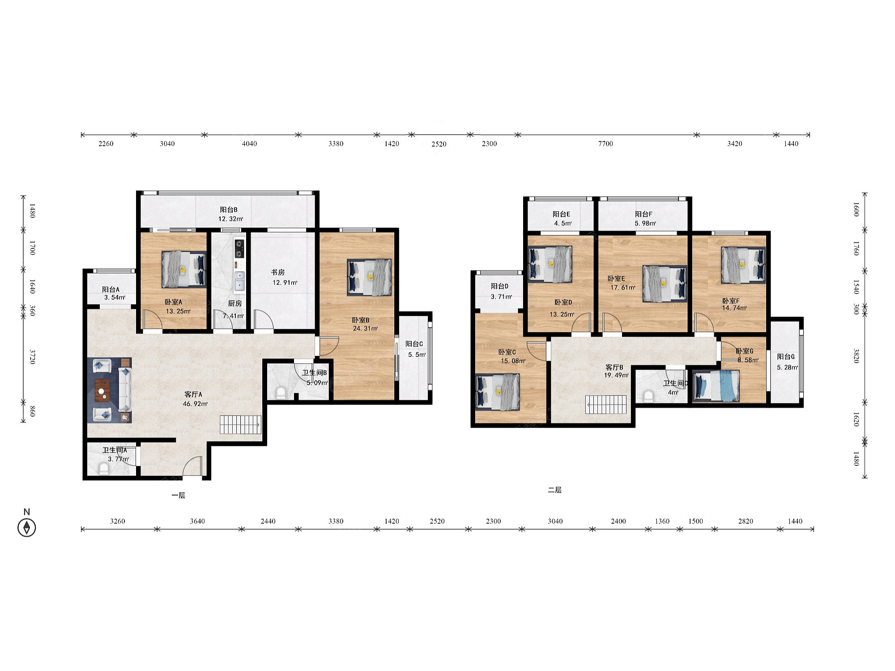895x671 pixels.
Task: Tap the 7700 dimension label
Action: tap(605, 144)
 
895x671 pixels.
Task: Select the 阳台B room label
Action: tap(229, 209)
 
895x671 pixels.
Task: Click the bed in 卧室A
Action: tap(183, 268)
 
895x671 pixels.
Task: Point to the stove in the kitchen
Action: tap(239, 249)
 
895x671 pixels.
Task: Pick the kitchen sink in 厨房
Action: tap(240, 281)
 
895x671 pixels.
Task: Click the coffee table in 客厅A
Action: tap(102, 391)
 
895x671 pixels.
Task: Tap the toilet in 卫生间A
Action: tap(104, 469)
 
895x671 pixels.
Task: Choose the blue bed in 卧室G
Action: tap(716, 386)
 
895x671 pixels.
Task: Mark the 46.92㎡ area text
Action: tap(195, 404)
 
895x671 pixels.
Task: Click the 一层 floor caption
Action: tap(178, 495)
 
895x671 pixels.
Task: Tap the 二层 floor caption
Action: tap(554, 490)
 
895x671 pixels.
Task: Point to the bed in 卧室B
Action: tap(369, 277)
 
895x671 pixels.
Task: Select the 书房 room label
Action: tap(277, 272)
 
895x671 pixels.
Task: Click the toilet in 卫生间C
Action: tap(648, 396)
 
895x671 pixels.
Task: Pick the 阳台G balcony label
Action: tap(786, 357)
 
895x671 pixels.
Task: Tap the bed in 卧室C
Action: tap(498, 392)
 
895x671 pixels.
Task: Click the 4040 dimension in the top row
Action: tap(249, 144)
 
